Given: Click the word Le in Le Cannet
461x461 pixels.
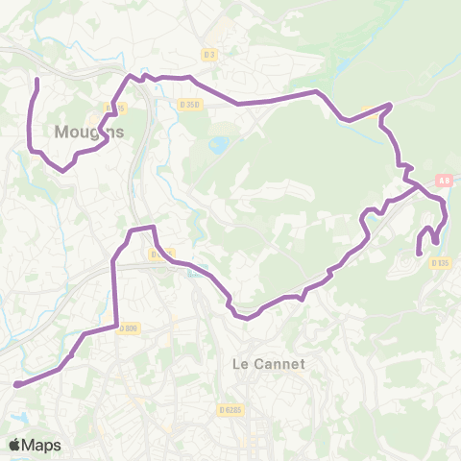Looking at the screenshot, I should (241, 364).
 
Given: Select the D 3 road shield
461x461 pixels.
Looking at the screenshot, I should (211, 55).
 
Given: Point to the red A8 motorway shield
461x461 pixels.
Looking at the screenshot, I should (443, 179).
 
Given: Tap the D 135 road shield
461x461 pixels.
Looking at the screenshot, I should (440, 262).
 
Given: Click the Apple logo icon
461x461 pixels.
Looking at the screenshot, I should (15, 445).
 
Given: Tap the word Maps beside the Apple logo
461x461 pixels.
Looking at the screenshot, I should (43, 445).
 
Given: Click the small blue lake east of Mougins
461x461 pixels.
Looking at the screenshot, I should (219, 146).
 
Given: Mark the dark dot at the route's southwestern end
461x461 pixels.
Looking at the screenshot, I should (16, 384).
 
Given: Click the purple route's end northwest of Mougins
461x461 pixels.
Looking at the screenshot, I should (36, 79).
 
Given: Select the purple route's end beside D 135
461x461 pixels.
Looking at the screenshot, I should (418, 253).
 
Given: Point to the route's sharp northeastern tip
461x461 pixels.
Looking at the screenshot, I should (390, 105).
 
